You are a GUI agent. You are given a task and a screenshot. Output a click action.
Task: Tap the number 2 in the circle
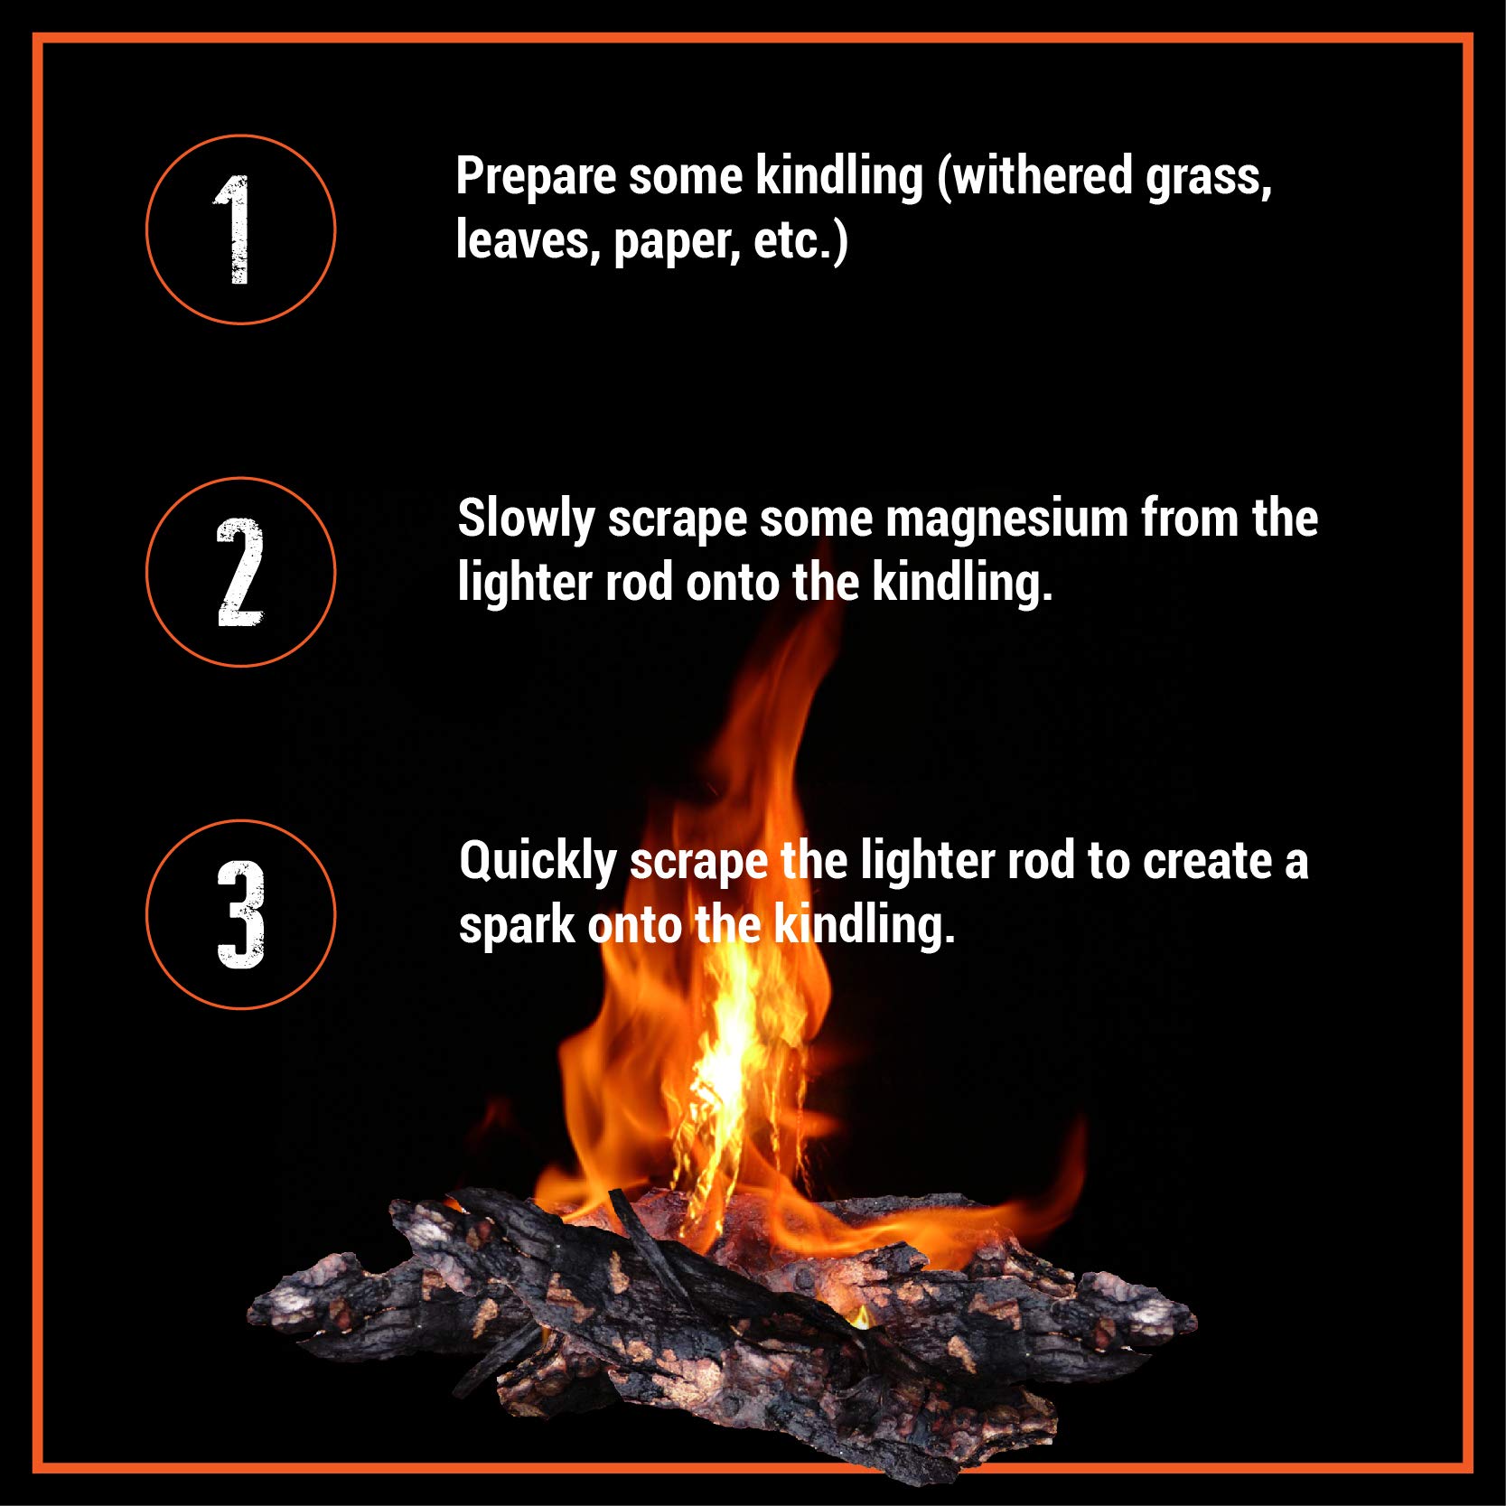pyautogui.click(x=239, y=572)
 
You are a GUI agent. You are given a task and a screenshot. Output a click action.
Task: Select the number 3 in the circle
pyautogui.click(x=240, y=914)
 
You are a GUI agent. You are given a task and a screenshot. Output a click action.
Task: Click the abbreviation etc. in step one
pyautogui.click(x=794, y=241)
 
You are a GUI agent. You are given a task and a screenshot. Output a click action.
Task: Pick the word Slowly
pyautogui.click(x=526, y=520)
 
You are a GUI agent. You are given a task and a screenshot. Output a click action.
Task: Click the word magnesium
pyautogui.click(x=1006, y=519)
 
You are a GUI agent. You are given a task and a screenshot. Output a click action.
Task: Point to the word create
pyautogui.click(x=1208, y=862)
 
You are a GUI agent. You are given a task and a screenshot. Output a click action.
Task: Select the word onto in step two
pyautogui.click(x=733, y=584)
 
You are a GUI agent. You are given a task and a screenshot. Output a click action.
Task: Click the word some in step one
pyautogui.click(x=686, y=176)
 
